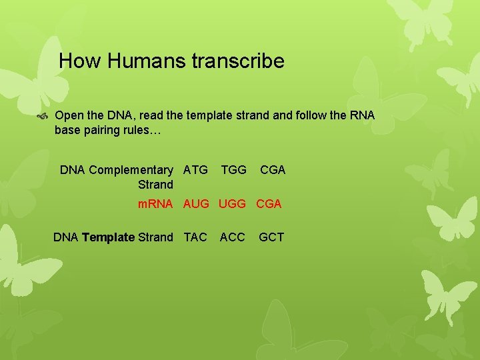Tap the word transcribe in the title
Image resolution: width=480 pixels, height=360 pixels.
(238, 62)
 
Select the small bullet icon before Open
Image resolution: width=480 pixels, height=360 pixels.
(43, 116)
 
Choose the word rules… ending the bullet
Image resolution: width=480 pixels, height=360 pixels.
(142, 130)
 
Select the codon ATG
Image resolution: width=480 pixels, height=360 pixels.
(195, 170)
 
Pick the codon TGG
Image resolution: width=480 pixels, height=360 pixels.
(233, 170)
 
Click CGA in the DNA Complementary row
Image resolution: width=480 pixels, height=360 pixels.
(273, 170)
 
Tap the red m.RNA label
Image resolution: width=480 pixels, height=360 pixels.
(155, 204)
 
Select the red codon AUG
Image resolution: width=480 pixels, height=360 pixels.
(197, 204)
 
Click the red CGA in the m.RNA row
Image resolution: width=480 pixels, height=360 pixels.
(269, 204)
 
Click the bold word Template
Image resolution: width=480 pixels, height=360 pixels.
(108, 237)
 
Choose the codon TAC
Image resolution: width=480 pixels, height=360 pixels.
(195, 237)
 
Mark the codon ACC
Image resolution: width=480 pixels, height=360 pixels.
(232, 237)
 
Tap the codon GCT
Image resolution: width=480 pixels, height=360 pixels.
(271, 237)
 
